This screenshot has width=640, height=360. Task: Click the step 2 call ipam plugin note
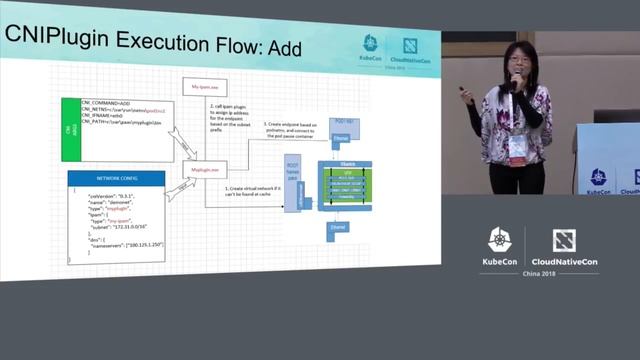coord(234,119)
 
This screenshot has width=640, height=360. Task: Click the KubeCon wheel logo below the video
coord(497,240)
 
